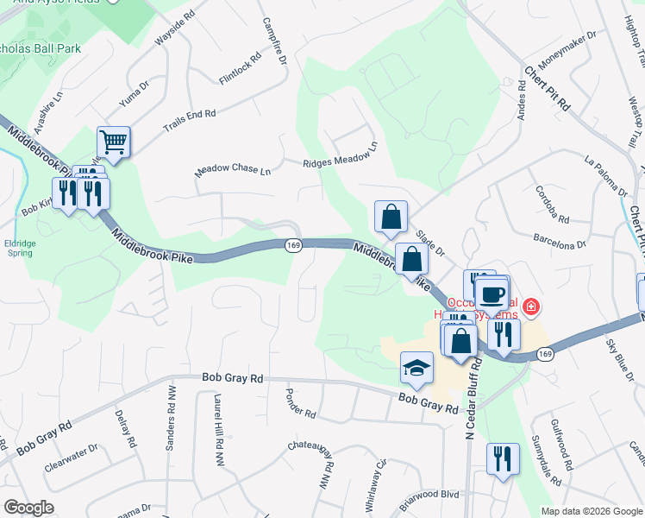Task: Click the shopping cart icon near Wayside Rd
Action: tap(113, 141)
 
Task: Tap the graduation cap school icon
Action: tap(416, 369)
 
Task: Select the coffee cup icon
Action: tap(492, 294)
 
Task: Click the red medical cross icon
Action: tap(531, 306)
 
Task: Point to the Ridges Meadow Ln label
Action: tap(340, 155)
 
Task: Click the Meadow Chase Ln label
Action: tap(232, 170)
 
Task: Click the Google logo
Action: tap(28, 508)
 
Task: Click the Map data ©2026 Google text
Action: tap(591, 511)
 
